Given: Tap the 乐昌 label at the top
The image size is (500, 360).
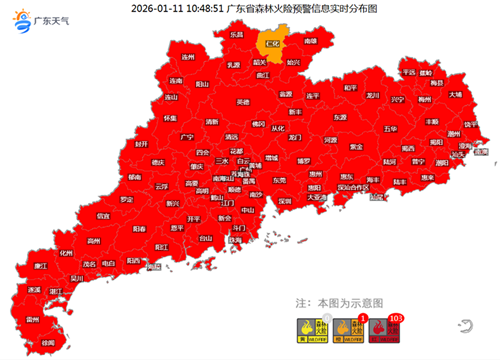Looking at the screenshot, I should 238,35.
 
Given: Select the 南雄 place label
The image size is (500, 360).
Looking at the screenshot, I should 311,42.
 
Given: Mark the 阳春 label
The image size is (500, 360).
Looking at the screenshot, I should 141,228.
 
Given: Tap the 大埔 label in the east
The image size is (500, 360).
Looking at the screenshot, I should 456,94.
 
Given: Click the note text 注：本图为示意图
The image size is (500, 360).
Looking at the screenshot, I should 340,299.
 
